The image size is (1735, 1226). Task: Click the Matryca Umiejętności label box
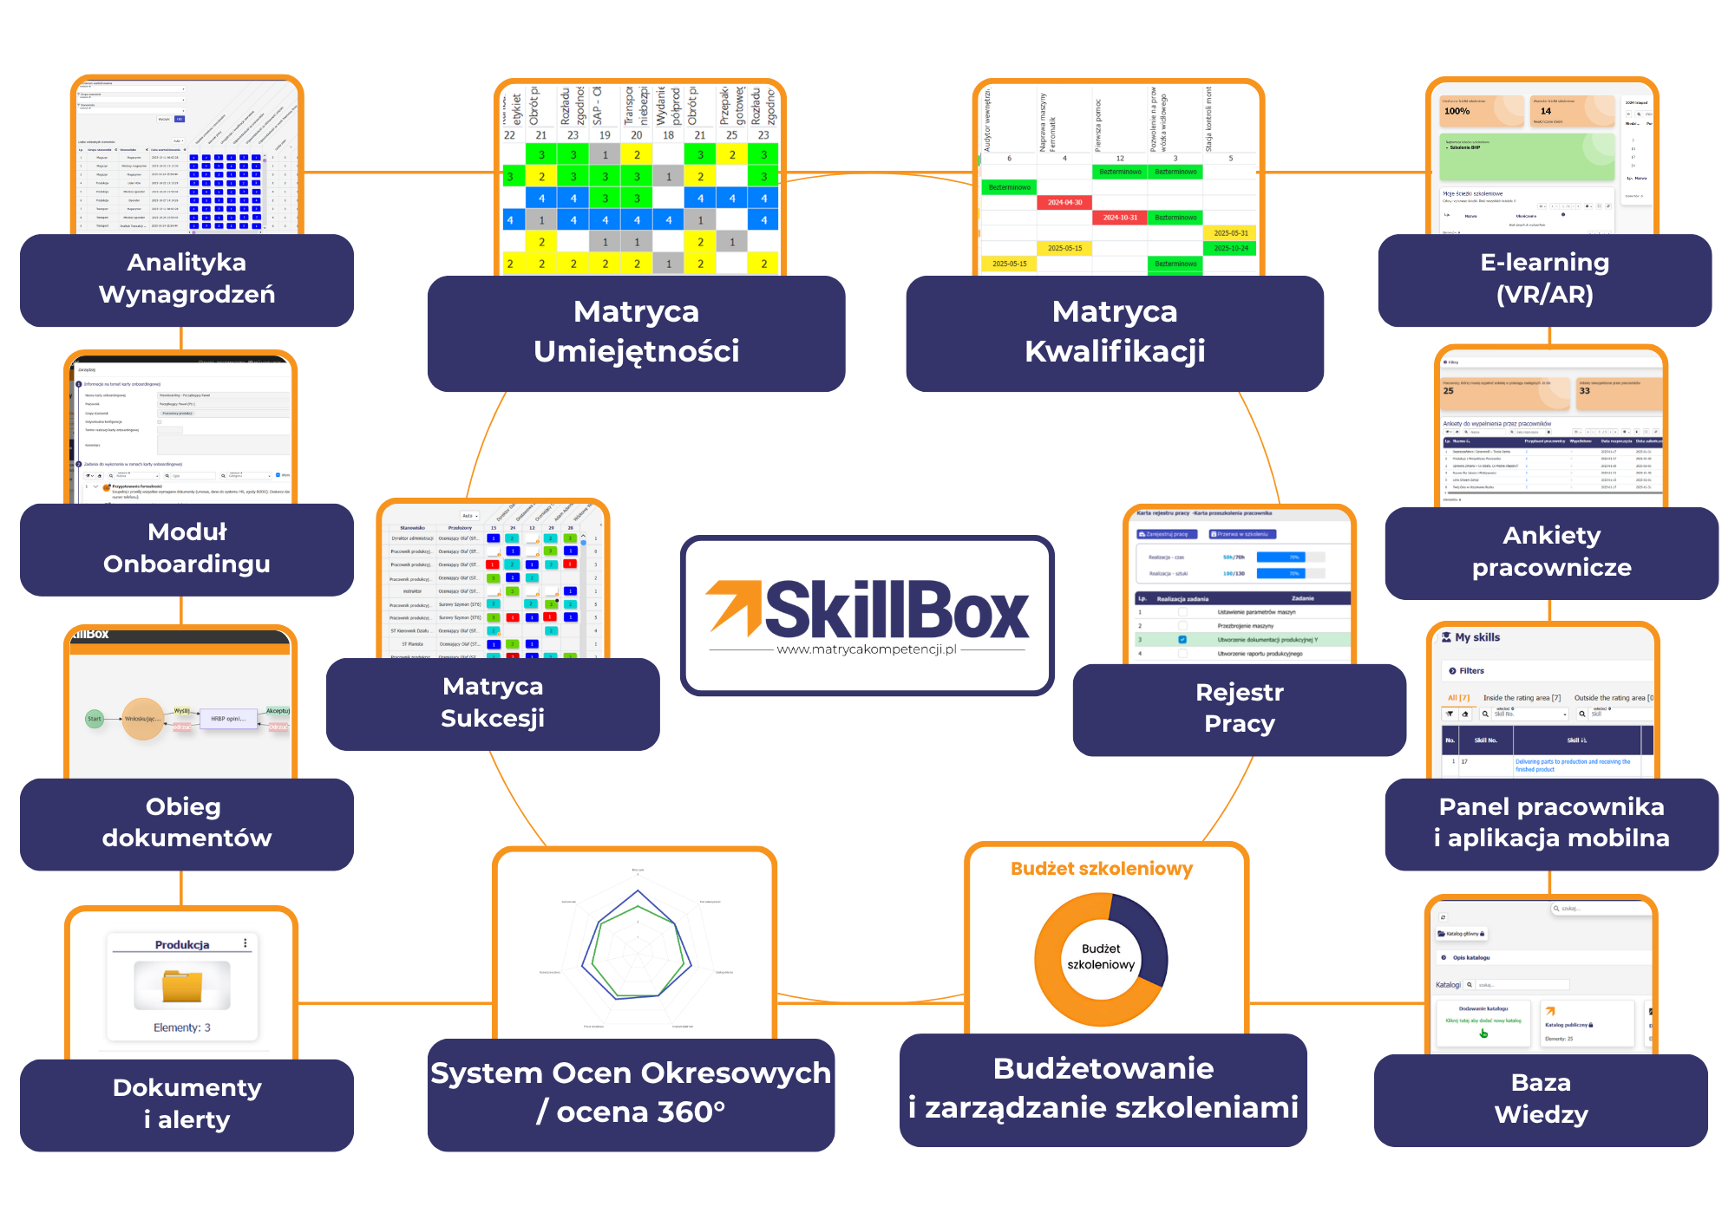tap(636, 332)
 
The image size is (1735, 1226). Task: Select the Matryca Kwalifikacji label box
tap(1114, 332)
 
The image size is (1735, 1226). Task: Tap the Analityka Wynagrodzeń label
tap(187, 278)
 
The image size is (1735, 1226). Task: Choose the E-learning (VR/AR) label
tap(1544, 278)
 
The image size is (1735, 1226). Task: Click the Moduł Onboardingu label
tap(187, 548)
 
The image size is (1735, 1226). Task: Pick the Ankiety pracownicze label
tap(1551, 551)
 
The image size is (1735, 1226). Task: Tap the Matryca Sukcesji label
tap(493, 702)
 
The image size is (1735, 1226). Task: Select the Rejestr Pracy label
tap(1239, 708)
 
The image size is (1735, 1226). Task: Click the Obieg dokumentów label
tap(187, 823)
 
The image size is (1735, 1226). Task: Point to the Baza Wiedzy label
tap(1541, 1099)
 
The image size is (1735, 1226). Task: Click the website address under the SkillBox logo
tap(867, 649)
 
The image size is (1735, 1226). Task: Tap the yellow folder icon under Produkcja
tap(182, 986)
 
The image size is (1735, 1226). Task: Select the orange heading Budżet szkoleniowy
tap(1102, 869)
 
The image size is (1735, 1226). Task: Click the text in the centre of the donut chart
tap(1101, 956)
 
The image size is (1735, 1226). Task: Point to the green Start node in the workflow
tap(95, 719)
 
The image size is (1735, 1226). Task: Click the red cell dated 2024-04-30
tap(1064, 202)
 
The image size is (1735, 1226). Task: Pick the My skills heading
tap(1476, 637)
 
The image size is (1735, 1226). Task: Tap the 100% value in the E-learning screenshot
tap(1457, 111)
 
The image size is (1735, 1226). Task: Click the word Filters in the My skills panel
tap(1471, 671)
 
